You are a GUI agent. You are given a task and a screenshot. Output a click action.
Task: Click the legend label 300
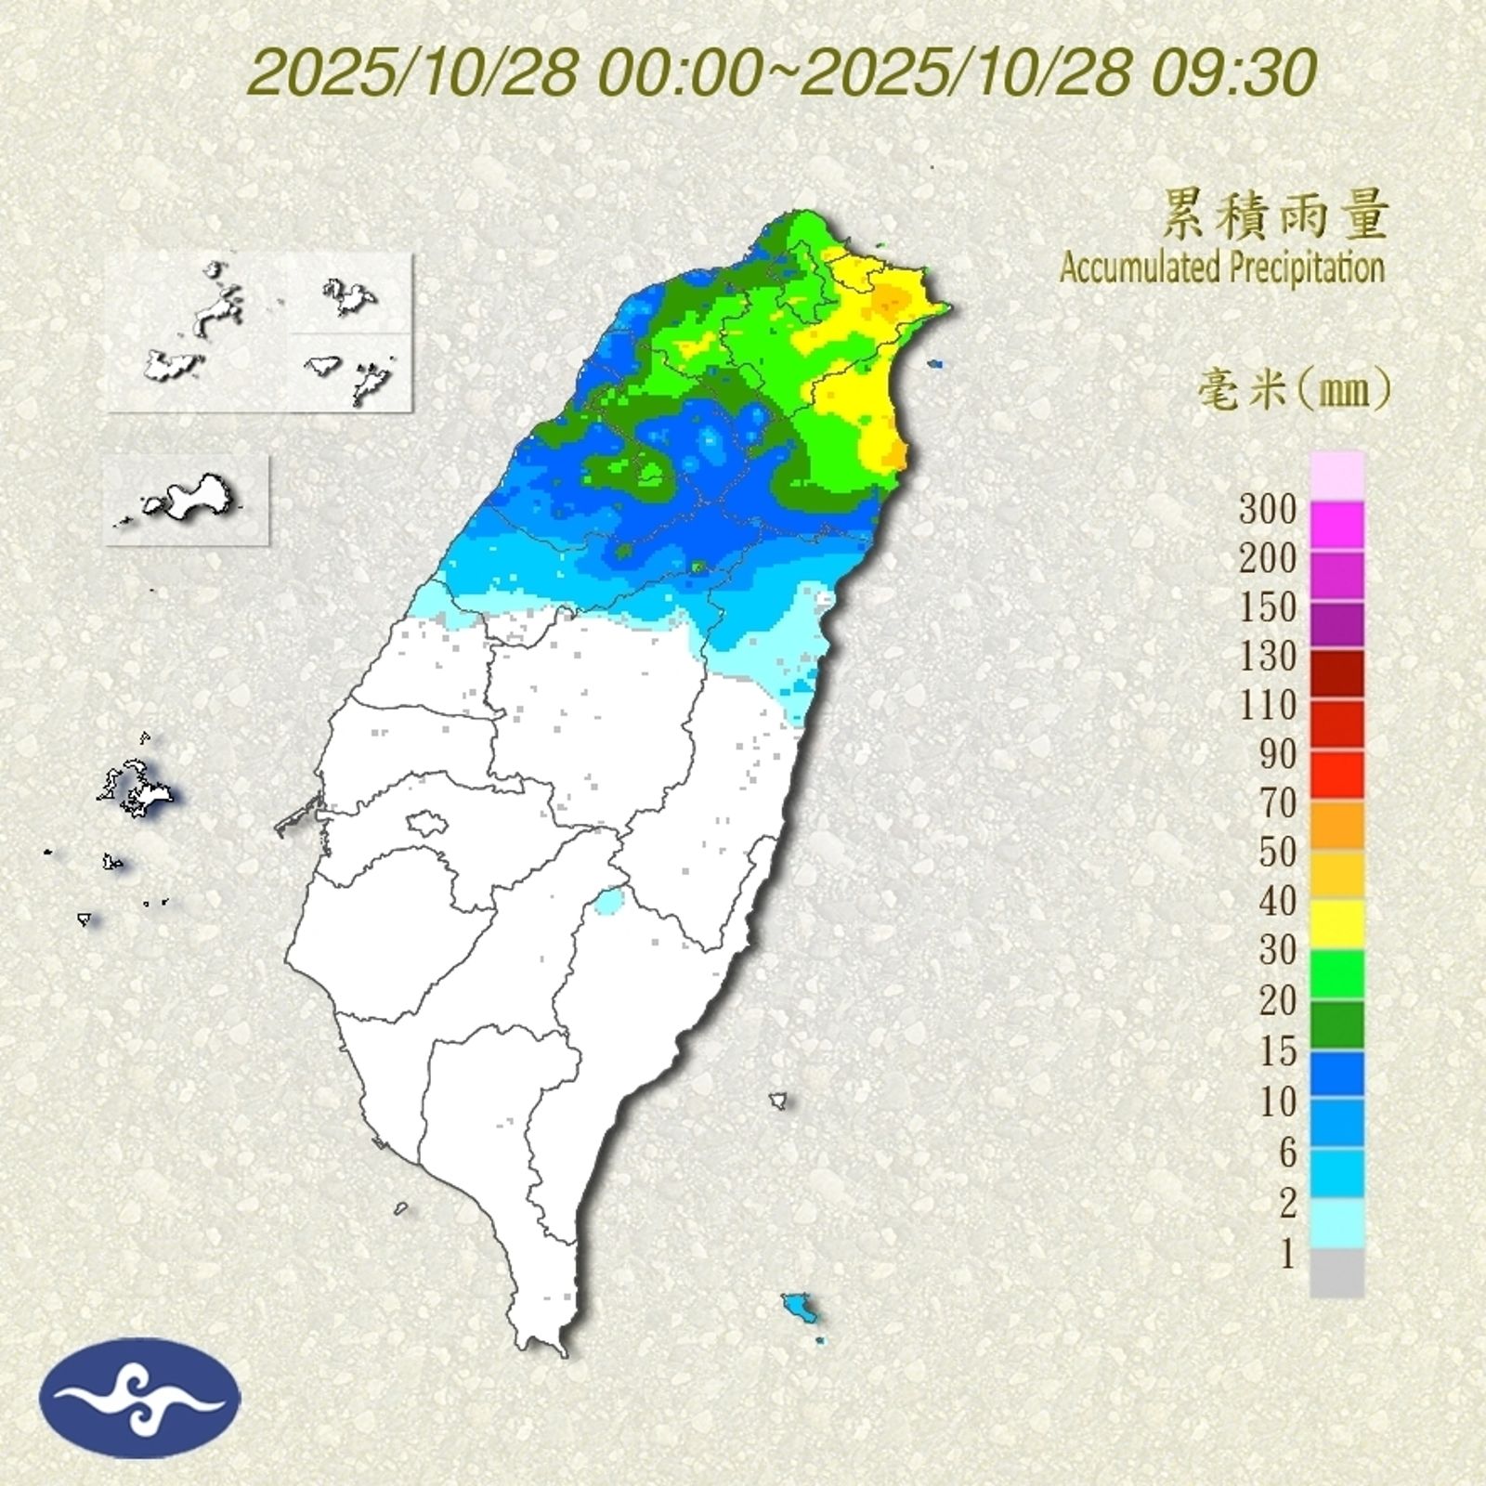1268,509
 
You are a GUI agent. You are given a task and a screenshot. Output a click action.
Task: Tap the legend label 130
1268,657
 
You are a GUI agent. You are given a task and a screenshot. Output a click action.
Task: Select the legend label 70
1277,803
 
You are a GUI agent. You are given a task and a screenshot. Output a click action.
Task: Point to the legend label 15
1277,1050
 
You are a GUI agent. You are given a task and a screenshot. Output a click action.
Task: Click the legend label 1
1287,1256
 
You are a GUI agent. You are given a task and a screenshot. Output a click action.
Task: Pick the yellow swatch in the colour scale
1337,924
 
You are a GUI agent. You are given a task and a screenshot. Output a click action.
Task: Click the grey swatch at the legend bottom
1337,1272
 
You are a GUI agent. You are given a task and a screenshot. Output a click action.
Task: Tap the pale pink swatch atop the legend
1337,475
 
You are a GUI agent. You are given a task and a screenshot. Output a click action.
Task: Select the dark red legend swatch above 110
1337,673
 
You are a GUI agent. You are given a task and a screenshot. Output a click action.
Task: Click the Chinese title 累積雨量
1274,215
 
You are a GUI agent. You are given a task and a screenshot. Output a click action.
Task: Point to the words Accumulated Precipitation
1221,268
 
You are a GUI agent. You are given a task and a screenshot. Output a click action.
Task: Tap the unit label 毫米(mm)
1294,390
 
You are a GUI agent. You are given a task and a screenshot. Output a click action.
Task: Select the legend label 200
1268,558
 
